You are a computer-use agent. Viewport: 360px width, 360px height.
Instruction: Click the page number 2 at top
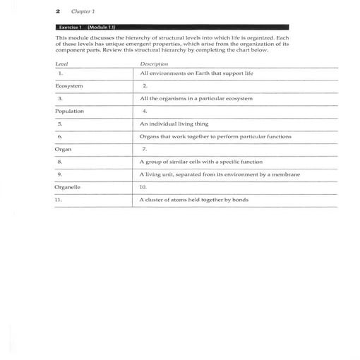57,12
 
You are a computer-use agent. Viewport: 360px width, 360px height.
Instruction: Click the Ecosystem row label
68,85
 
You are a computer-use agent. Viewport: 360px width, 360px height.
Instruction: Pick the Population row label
69,111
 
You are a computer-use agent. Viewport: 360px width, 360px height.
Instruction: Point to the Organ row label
64,149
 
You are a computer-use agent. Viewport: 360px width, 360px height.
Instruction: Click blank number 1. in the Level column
61,73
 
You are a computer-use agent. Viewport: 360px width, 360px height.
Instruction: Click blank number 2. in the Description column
144,85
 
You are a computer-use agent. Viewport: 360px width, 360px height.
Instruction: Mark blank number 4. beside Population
144,111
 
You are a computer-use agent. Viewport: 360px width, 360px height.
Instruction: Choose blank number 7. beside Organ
144,149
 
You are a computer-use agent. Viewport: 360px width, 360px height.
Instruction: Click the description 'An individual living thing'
174,124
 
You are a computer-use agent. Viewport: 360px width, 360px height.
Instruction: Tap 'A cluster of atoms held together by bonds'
193,200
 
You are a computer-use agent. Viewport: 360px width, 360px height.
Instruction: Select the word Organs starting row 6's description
150,136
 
